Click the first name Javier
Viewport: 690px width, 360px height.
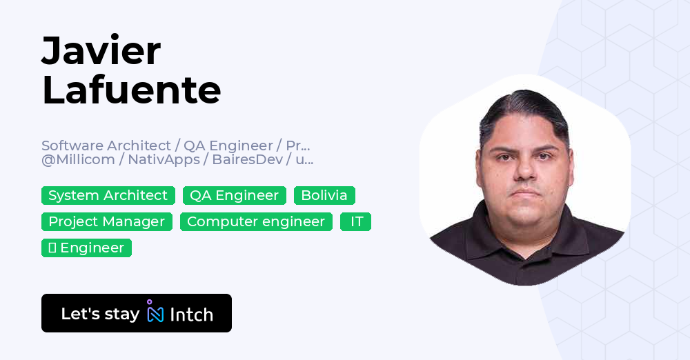click(x=101, y=52)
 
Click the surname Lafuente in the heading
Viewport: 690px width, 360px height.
click(x=131, y=90)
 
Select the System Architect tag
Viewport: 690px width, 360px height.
click(x=108, y=195)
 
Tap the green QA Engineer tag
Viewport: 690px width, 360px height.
click(x=235, y=195)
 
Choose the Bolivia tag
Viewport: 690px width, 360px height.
click(x=324, y=195)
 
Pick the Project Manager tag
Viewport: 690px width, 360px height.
click(x=107, y=221)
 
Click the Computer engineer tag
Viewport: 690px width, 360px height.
click(x=256, y=221)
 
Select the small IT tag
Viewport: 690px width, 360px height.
click(x=356, y=221)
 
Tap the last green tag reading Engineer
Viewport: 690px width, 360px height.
click(x=86, y=248)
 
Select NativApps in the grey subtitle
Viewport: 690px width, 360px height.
click(x=164, y=160)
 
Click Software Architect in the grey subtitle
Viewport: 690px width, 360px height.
click(x=106, y=146)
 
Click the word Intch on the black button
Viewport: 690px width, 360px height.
click(x=191, y=314)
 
